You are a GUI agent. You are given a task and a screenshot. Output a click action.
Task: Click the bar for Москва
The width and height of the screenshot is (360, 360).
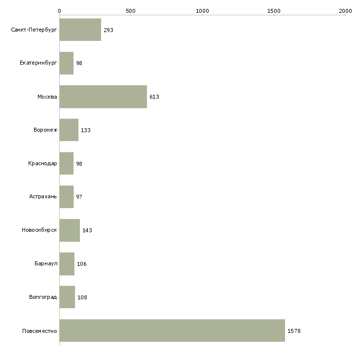point(103,97)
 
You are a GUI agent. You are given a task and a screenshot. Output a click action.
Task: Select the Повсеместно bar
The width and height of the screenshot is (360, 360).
point(172,330)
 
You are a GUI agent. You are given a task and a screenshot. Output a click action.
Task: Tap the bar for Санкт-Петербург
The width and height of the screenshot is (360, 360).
point(80,30)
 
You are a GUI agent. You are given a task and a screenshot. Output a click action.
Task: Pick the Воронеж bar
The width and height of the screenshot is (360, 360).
point(69,130)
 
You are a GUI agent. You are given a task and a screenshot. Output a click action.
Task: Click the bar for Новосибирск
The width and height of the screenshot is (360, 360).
point(70,230)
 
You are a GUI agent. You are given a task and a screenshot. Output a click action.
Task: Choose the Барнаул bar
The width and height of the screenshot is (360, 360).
point(67,264)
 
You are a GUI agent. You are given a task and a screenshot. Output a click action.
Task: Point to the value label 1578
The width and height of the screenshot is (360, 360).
point(294,331)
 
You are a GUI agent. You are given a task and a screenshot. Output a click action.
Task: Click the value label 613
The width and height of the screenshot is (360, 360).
point(154,97)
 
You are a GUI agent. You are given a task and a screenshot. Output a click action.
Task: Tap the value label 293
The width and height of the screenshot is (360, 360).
point(108,30)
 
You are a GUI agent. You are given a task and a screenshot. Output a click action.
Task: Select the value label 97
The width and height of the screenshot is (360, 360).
point(79,197)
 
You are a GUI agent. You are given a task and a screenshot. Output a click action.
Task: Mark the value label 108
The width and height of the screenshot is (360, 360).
point(82,297)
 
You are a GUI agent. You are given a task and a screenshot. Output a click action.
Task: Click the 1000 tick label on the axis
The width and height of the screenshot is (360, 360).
point(202,11)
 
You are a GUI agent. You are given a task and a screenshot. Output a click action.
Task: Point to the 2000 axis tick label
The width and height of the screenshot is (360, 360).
point(345,11)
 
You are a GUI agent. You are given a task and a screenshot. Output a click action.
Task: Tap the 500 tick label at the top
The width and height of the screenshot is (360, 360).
point(131,11)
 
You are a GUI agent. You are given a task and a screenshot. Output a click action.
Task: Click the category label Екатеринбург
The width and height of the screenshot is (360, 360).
point(38,63)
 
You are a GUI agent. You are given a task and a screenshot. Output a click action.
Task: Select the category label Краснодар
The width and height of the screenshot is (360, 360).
point(42,163)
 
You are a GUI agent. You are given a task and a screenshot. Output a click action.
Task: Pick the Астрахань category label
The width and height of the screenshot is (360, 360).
point(43,197)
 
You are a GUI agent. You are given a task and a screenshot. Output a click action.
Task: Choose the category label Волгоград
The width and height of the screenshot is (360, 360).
point(43,297)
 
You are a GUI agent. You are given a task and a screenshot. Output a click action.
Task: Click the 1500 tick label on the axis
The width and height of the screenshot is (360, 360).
point(274,11)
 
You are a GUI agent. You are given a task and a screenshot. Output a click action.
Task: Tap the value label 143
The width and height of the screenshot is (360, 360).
point(87,230)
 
